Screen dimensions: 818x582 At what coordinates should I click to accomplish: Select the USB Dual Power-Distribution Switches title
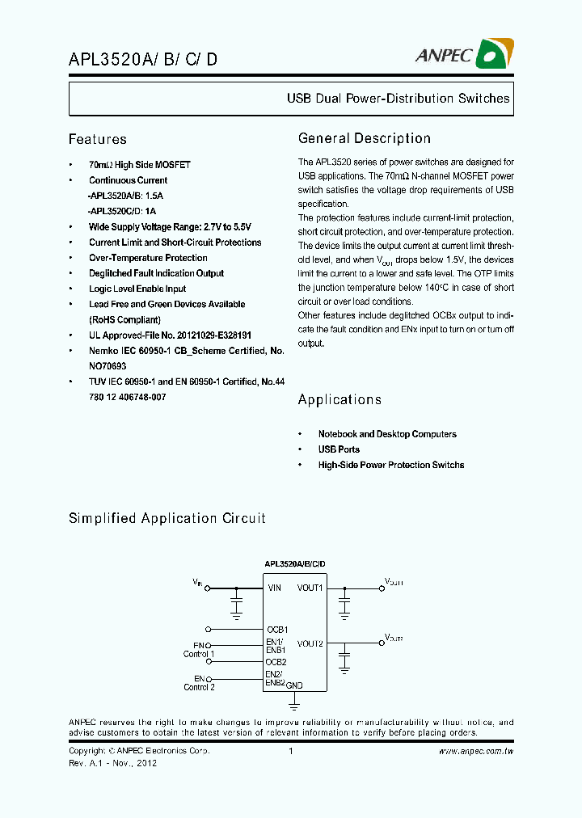[398, 99]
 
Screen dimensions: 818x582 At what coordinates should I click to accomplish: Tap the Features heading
[97, 139]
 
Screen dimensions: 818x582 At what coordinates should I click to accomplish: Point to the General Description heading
[364, 138]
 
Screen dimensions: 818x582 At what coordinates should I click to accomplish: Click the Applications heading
[339, 399]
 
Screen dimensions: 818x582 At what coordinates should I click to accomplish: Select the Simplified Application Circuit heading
[167, 518]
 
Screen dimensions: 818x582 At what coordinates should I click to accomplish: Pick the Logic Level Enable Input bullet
[137, 289]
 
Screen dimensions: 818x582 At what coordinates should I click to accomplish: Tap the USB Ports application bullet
[339, 449]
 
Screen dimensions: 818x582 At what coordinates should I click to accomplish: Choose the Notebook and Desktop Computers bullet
[387, 434]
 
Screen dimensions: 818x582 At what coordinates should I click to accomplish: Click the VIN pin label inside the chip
[275, 588]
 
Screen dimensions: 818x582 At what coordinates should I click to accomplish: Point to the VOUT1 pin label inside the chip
[310, 588]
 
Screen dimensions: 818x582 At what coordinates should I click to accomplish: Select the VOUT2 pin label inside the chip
[310, 643]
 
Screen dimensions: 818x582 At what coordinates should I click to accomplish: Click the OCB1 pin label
[276, 629]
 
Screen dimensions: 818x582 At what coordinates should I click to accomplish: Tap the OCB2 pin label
[276, 661]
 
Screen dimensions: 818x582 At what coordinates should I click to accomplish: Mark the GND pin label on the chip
[294, 684]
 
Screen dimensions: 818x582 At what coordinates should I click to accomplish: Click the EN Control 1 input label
[198, 649]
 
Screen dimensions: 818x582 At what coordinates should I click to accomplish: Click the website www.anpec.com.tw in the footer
[475, 751]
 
